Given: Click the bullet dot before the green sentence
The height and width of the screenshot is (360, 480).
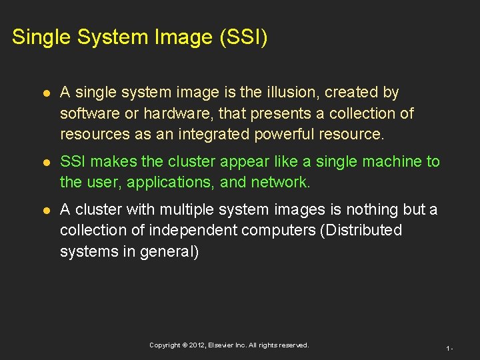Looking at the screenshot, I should [45, 162].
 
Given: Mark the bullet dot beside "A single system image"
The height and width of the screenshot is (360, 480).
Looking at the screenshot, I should [45, 93].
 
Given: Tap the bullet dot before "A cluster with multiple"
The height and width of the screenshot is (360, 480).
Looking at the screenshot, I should [45, 210].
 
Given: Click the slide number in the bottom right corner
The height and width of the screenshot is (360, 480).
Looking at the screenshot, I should [450, 348].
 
